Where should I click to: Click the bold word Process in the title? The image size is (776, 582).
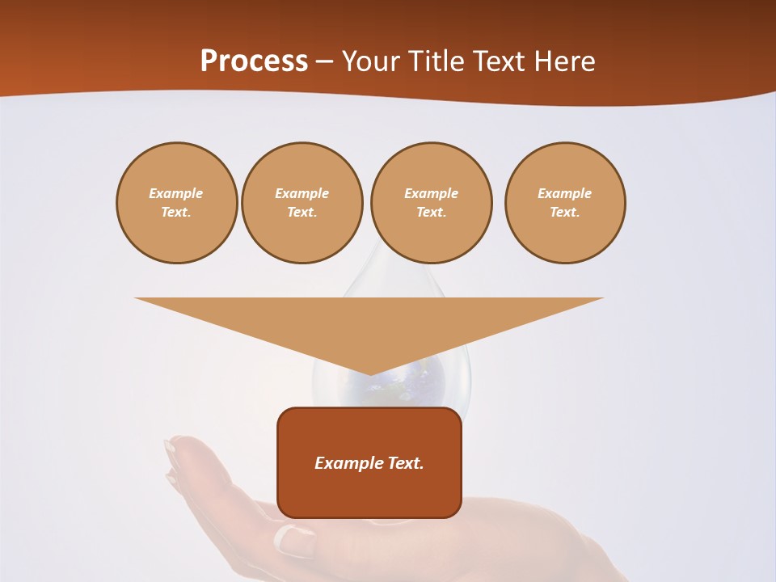(254, 61)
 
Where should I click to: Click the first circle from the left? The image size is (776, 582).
(176, 202)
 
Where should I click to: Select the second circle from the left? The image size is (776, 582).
(302, 202)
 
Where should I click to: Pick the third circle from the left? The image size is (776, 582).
(431, 202)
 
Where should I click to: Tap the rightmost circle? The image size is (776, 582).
(565, 202)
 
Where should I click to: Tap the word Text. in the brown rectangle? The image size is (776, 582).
(407, 463)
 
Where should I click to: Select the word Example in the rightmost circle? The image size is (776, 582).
(565, 193)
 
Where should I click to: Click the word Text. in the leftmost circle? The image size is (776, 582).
(176, 212)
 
